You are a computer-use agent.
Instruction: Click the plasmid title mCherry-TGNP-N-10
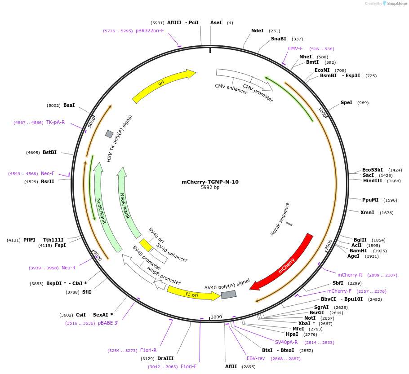[210, 182]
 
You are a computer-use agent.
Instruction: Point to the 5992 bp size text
[210, 188]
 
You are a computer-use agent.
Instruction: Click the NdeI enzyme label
[258, 31]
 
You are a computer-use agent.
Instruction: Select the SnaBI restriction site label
[279, 39]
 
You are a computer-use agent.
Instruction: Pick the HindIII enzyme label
[372, 180]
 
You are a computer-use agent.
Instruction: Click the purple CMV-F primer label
[295, 48]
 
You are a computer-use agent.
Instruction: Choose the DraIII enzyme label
[165, 358]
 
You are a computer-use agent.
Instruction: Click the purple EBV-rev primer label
[256, 358]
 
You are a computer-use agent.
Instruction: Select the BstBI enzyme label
[49, 152]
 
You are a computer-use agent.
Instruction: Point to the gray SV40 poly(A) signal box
[228, 295]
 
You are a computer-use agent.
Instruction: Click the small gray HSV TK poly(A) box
[109, 134]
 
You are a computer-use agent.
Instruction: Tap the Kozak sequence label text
[280, 219]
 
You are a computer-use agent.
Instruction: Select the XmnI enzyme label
[367, 212]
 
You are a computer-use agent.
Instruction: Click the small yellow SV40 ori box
[146, 245]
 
